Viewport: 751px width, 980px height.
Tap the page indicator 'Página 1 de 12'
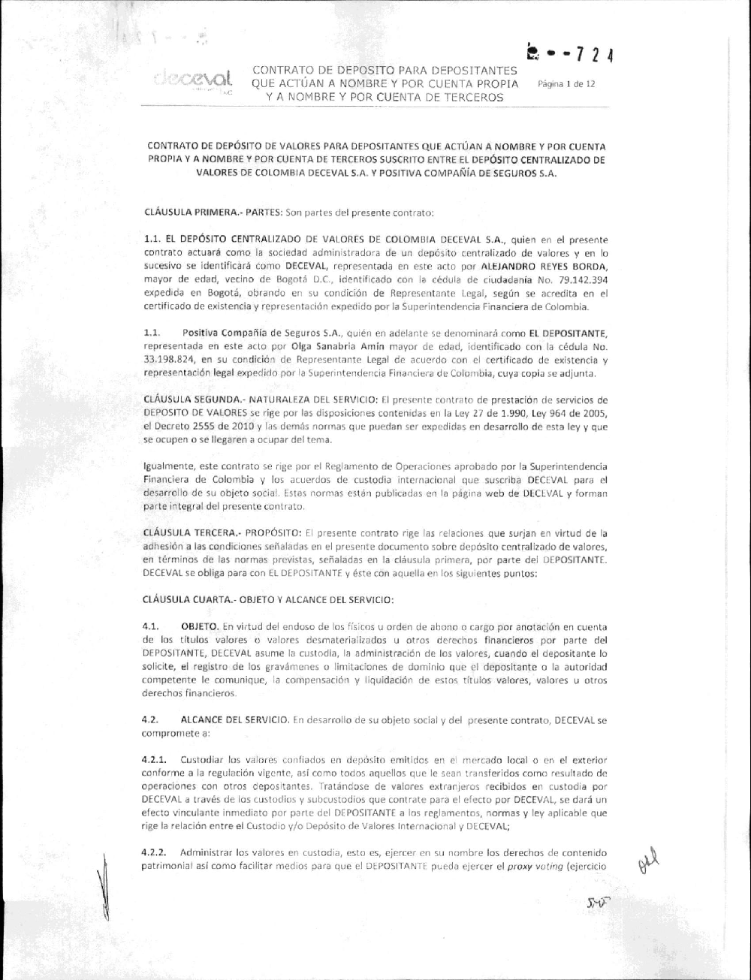pyautogui.click(x=567, y=84)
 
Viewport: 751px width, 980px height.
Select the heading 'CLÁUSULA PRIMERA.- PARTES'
pyautogui.click(x=199, y=212)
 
